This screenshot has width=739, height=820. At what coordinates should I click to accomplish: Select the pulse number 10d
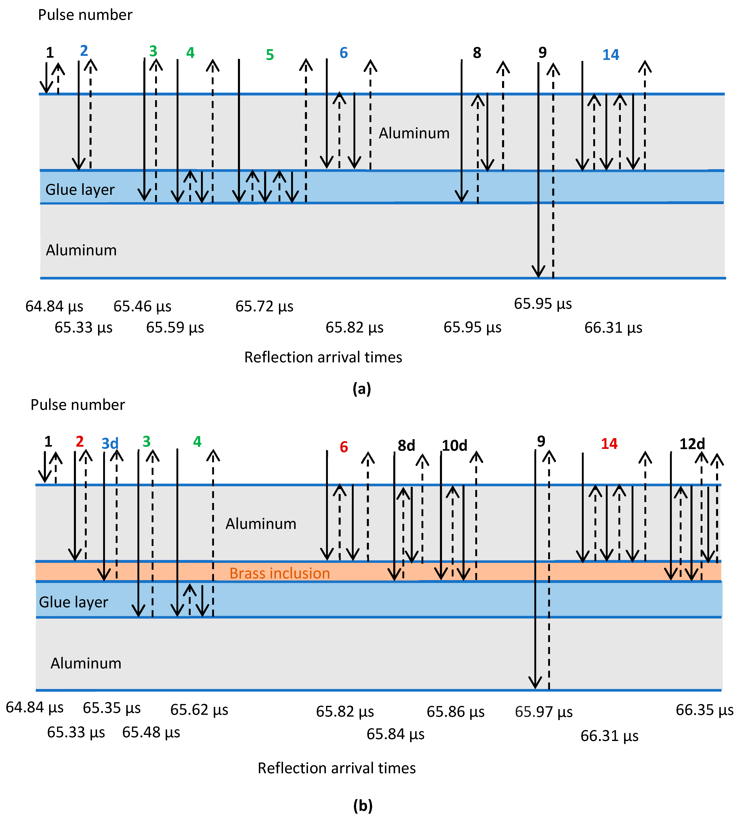(x=454, y=445)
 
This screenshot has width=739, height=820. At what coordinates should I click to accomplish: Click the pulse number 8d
(x=406, y=445)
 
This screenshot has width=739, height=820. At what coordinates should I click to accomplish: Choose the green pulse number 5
(x=270, y=55)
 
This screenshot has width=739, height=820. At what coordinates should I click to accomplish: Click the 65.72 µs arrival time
(x=264, y=306)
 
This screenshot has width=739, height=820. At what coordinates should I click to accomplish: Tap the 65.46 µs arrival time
(x=142, y=306)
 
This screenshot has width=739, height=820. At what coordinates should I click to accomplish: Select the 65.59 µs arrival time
(x=175, y=327)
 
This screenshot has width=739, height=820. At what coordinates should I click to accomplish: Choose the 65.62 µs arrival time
(x=199, y=710)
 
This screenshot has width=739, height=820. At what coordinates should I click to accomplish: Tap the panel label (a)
(x=362, y=389)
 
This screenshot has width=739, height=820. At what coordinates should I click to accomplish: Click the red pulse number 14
(x=609, y=444)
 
